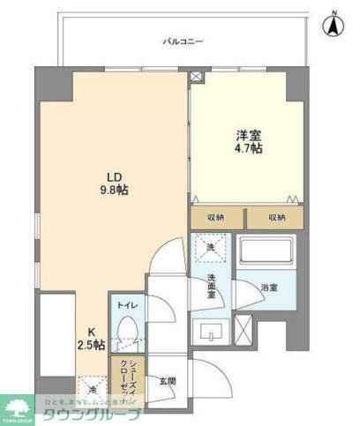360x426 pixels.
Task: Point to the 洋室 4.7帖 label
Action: [x=247, y=143]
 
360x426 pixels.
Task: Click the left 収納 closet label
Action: [x=215, y=217]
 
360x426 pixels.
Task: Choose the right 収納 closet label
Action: [x=274, y=217]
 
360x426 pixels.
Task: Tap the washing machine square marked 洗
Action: [x=210, y=250]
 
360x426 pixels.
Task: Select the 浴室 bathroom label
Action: [x=269, y=288]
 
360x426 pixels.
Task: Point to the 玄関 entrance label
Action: [x=168, y=380]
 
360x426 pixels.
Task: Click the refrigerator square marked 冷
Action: [x=93, y=387]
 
